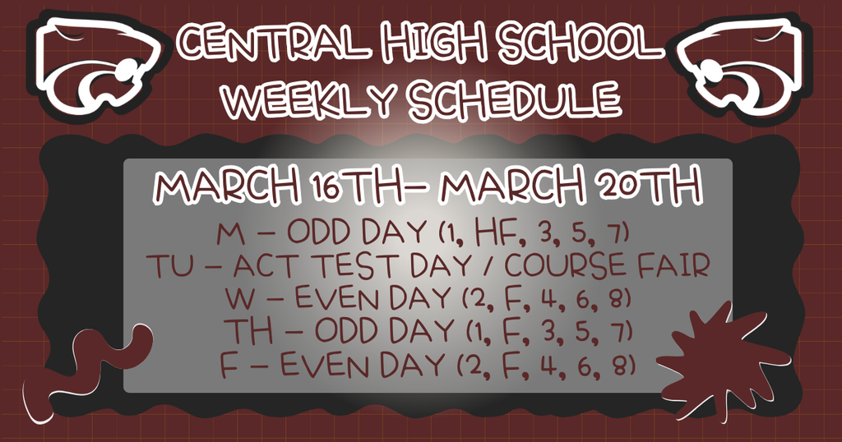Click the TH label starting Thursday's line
click(x=244, y=330)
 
